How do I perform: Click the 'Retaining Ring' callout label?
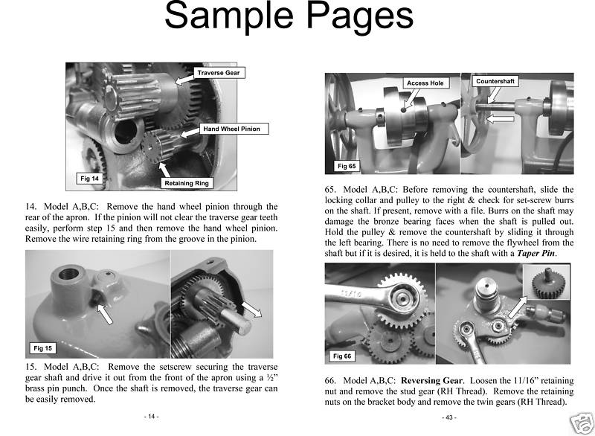187,182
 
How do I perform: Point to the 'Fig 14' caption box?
90,178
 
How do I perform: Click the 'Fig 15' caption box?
42,348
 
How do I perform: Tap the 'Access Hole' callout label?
425,83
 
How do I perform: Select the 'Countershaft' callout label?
496,80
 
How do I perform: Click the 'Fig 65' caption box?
346,166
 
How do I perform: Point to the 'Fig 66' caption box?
343,356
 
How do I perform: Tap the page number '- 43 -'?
448,417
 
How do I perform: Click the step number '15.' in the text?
33,368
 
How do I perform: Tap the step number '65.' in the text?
333,189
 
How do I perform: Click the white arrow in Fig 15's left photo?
106,313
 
